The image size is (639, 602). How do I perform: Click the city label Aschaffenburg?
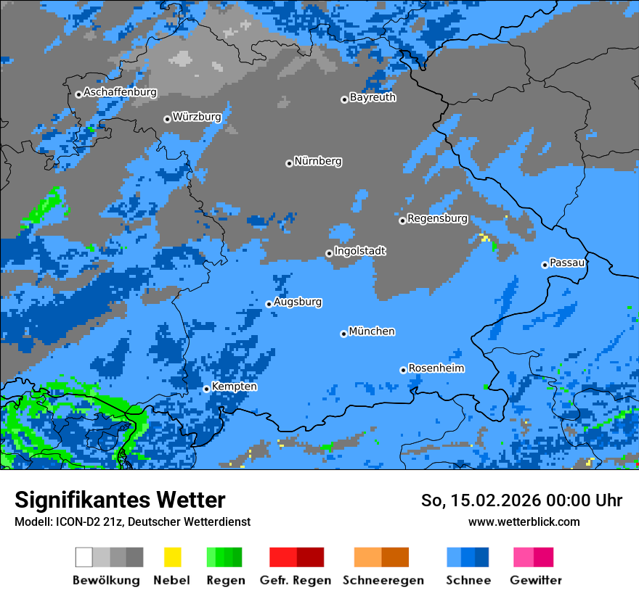point(120,92)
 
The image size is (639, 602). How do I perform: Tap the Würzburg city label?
point(197,117)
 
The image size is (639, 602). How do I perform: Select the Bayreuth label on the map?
point(373,97)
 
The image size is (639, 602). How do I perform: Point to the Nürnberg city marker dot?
point(289,163)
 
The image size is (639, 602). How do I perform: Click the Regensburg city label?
point(437,218)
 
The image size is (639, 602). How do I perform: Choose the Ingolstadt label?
point(359,251)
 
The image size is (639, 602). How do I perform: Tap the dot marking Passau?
point(545,265)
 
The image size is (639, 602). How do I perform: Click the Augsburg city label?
point(298,302)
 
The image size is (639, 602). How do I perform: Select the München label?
point(372,331)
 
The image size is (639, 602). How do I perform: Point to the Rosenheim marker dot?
point(403,370)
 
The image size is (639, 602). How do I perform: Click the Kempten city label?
point(234,387)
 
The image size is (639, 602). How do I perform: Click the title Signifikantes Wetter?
point(120,500)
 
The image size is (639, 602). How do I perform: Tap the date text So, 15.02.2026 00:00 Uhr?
point(521,500)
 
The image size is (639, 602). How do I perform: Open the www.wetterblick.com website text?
point(524,521)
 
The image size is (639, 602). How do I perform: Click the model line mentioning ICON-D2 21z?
point(132,521)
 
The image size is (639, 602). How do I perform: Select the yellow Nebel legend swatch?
point(172,557)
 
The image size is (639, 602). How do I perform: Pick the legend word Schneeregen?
point(382,580)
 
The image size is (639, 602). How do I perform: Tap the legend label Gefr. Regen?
point(296,580)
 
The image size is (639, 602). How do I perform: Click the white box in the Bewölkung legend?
point(84,557)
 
